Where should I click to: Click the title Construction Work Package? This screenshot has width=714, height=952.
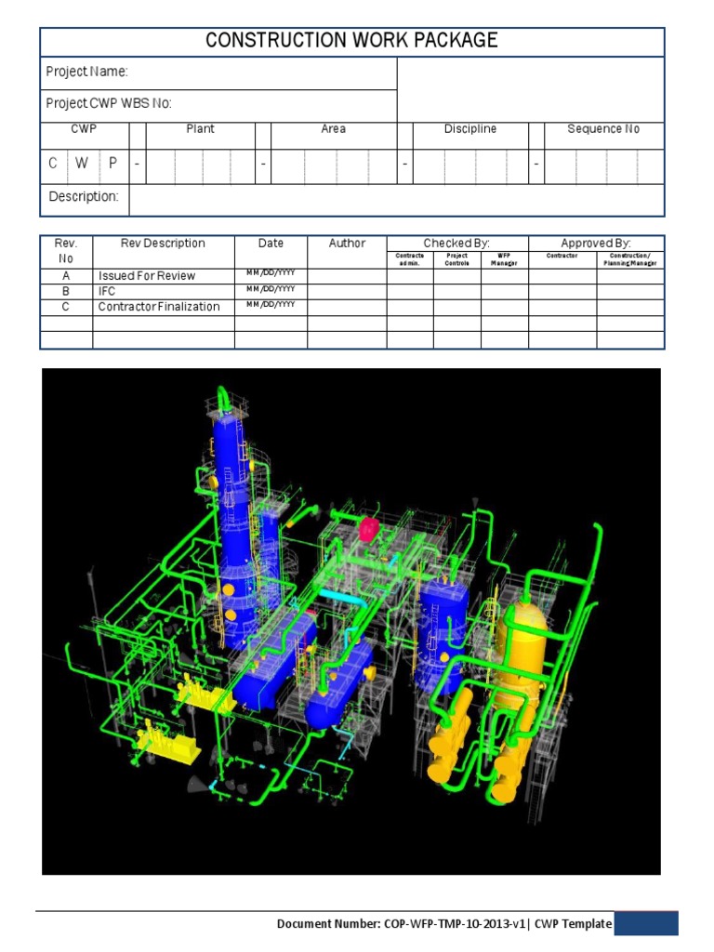coord(351,40)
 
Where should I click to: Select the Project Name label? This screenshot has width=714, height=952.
coord(86,72)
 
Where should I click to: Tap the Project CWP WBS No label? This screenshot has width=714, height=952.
coord(109,103)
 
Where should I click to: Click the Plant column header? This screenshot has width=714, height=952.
coord(200,129)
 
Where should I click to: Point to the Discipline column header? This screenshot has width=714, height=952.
coord(469,129)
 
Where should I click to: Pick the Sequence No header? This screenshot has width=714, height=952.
coord(603,129)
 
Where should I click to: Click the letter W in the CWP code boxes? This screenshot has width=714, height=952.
coord(82,164)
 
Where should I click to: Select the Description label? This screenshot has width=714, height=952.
coord(83,197)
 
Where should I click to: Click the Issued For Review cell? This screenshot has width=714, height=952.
coord(148,276)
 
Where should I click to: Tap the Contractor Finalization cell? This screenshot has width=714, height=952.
coord(159,307)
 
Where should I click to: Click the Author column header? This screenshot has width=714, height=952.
coord(347,244)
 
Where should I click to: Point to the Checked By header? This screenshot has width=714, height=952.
coord(456,243)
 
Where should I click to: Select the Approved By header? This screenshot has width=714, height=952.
coord(596,243)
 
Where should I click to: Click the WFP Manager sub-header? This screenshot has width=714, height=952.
coord(504,259)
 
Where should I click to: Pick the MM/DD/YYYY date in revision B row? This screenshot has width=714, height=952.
coord(271,289)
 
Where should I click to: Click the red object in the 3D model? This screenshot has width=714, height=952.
coord(369,529)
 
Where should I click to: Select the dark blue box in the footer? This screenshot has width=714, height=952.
coord(645,923)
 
